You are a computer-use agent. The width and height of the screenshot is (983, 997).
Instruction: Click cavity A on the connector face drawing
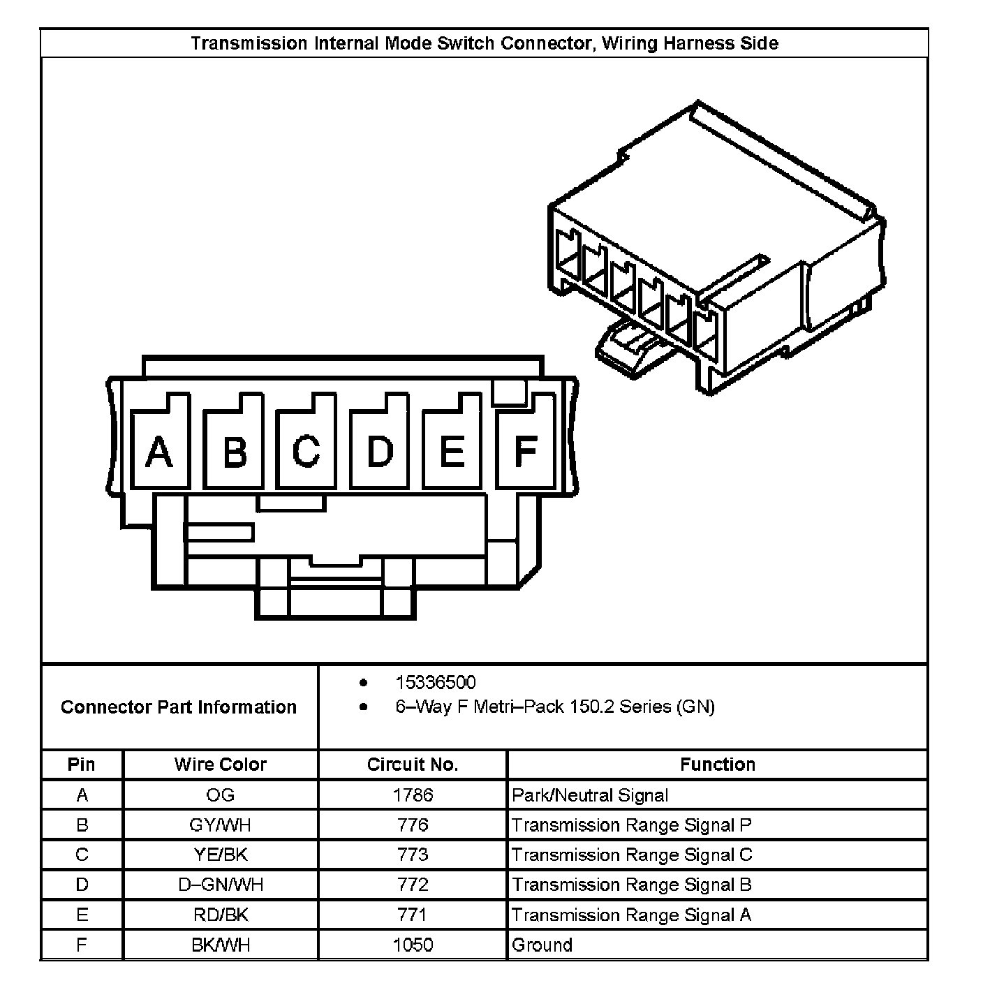[160, 451]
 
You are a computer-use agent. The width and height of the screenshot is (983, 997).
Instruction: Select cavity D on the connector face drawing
[379, 451]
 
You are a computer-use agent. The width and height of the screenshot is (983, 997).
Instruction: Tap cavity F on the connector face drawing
[524, 451]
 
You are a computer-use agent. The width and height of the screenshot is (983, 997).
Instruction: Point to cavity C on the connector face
[306, 451]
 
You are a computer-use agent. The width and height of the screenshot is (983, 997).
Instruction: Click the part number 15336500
[436, 682]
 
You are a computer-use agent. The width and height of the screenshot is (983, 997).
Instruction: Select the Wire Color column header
[221, 765]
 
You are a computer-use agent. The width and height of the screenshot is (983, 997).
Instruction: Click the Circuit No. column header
[413, 765]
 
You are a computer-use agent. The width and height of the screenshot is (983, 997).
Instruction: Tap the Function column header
[718, 765]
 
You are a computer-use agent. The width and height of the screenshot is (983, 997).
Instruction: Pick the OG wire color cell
[221, 795]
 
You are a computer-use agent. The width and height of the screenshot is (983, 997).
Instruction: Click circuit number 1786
[413, 795]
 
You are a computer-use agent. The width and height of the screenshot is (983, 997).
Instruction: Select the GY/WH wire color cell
[221, 825]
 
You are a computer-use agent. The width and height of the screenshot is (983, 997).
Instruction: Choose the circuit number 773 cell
[413, 855]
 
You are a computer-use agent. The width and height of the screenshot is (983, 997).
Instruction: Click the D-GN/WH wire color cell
[221, 885]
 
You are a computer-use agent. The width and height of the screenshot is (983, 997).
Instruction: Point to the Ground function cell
[542, 945]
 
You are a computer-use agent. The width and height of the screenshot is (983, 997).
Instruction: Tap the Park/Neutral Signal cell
[590, 795]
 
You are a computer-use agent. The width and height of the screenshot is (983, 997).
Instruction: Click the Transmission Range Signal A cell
[631, 915]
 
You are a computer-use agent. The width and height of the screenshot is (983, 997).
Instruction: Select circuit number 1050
[413, 945]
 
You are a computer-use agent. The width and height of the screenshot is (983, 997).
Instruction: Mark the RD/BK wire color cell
[221, 915]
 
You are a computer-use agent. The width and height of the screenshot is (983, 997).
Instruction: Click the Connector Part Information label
[179, 707]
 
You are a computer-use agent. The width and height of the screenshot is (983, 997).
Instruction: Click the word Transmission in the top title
[249, 43]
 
